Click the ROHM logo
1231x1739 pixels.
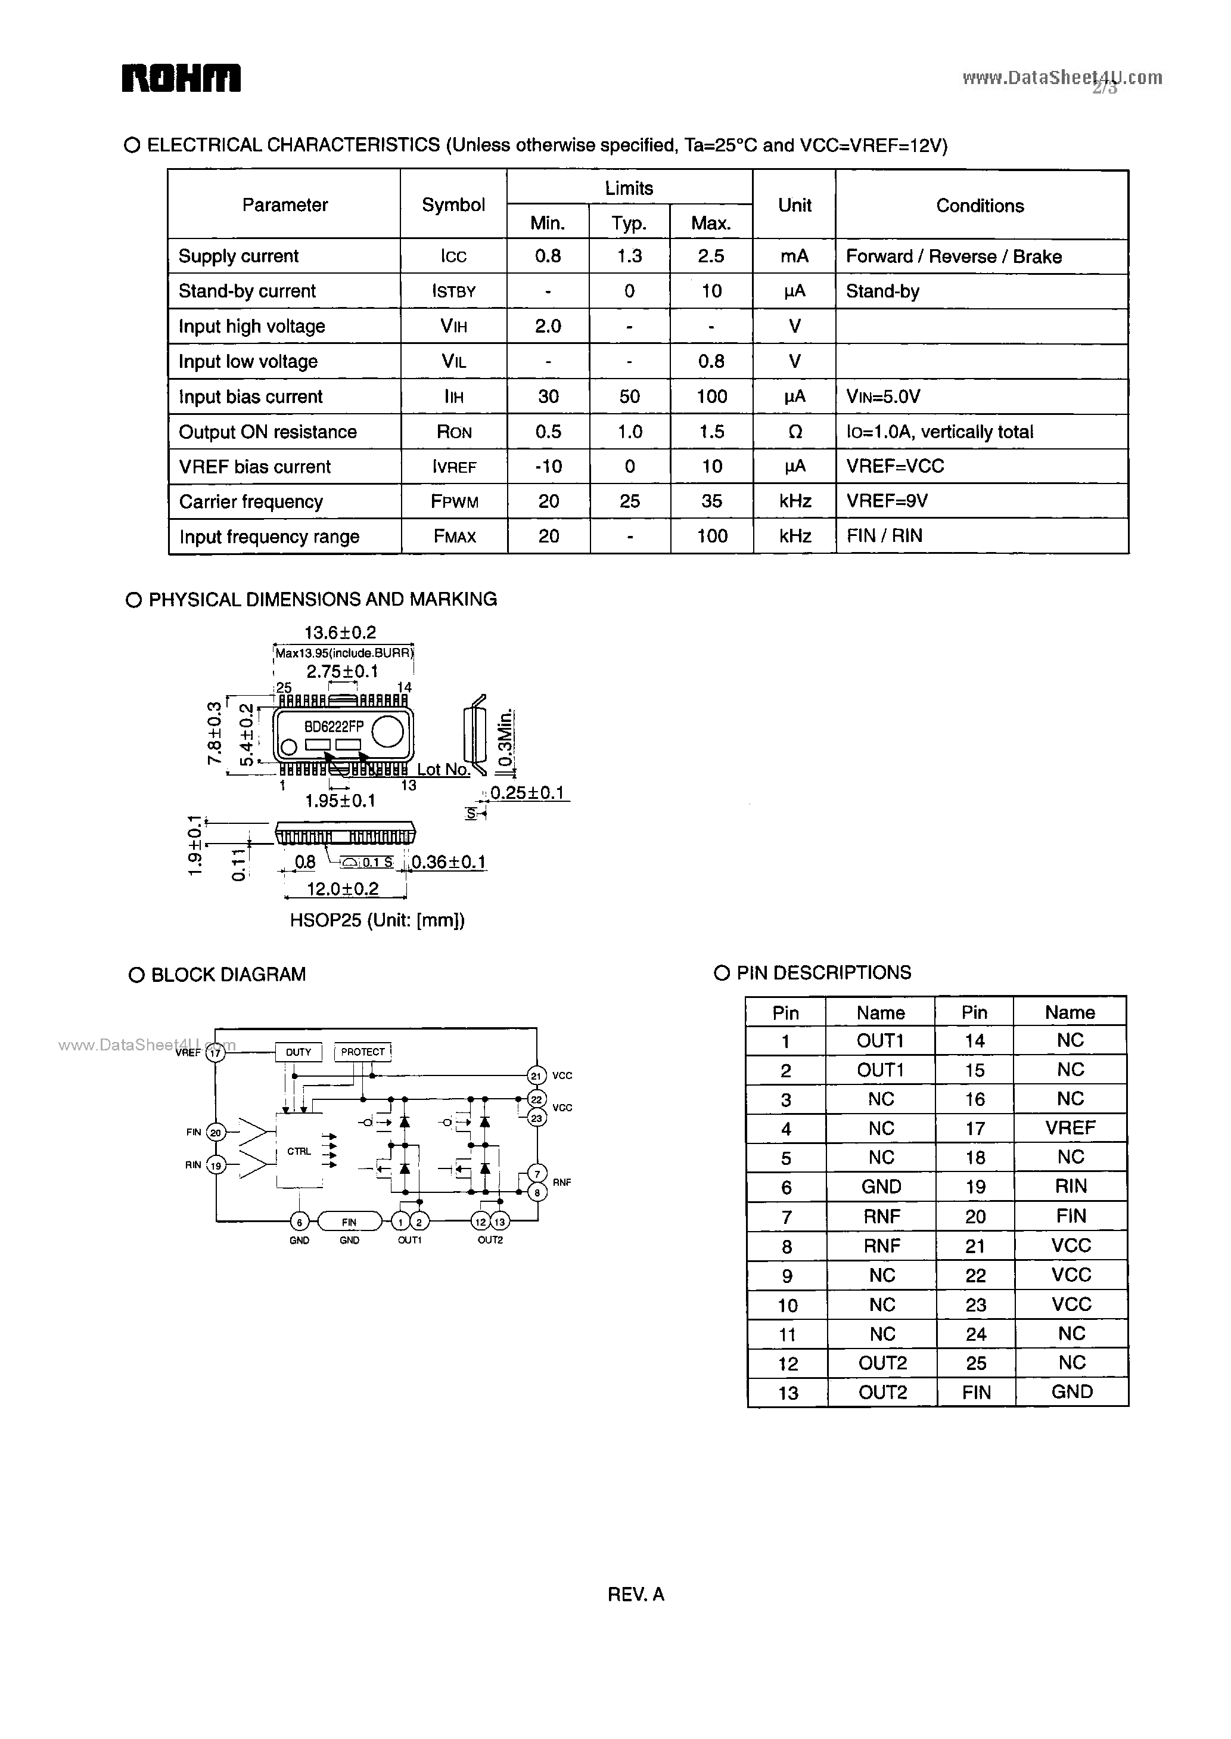181,78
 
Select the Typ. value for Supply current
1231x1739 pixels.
629,256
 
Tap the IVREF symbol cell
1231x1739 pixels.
453,466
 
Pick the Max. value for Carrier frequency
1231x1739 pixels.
711,501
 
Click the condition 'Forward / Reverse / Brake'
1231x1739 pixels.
953,256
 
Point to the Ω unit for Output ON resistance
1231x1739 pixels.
794,432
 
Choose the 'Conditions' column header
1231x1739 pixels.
980,206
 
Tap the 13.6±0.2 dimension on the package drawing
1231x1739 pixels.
340,633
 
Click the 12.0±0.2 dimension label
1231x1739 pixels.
342,888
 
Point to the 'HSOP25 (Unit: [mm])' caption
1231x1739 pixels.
377,920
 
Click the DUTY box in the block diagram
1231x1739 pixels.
298,1052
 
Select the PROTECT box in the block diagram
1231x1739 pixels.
362,1052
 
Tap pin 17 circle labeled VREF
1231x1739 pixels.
216,1053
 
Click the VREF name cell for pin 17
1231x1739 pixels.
1070,1128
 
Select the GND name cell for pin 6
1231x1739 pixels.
881,1187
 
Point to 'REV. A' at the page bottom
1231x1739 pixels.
636,1594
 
